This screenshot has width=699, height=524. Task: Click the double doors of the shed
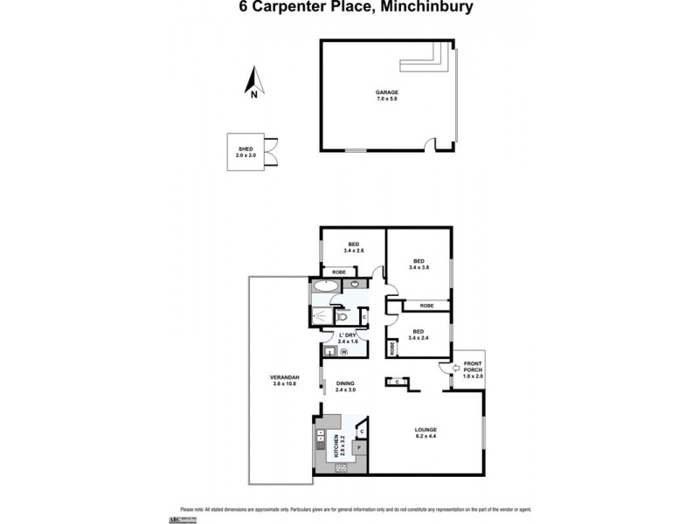click(272, 152)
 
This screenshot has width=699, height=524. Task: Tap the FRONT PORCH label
click(473, 369)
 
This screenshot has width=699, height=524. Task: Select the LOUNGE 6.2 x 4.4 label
click(426, 432)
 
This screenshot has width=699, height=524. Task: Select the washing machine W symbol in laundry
click(343, 352)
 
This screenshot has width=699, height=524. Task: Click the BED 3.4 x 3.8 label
click(419, 265)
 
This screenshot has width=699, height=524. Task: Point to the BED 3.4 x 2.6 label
click(354, 248)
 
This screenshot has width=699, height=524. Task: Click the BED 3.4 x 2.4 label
click(419, 334)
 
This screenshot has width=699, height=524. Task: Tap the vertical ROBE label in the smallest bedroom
click(393, 347)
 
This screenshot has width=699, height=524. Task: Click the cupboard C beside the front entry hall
click(398, 382)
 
